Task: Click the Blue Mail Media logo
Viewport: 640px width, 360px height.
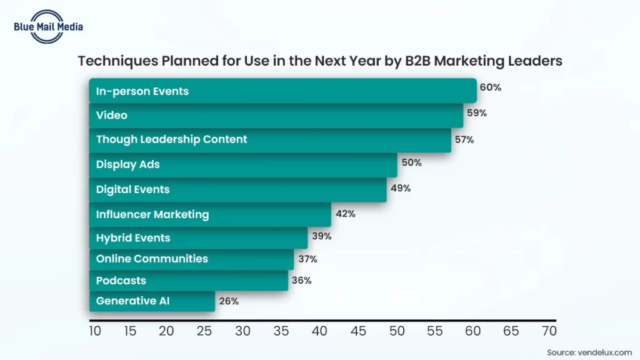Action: click(x=47, y=26)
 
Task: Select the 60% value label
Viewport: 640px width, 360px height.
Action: click(x=491, y=87)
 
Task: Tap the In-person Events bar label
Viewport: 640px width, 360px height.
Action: click(x=142, y=91)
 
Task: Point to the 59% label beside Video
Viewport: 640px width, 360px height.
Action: click(x=477, y=114)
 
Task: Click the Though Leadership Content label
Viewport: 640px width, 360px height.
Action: click(x=171, y=139)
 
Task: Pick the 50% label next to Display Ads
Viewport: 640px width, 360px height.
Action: click(x=412, y=162)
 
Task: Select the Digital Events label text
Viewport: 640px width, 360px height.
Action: click(x=132, y=189)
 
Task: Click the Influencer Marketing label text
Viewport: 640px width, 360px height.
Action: click(x=152, y=214)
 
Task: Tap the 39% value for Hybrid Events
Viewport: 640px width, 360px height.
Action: click(x=321, y=236)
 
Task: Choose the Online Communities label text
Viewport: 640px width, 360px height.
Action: click(x=152, y=259)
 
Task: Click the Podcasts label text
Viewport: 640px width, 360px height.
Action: click(x=121, y=281)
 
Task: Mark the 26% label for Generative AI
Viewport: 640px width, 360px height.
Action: click(x=229, y=301)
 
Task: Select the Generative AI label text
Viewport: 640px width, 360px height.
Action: click(x=132, y=301)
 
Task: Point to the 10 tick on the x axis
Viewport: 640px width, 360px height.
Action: click(x=95, y=331)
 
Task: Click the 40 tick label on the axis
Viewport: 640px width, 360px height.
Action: click(x=319, y=331)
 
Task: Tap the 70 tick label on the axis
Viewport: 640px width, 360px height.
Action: click(x=549, y=331)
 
